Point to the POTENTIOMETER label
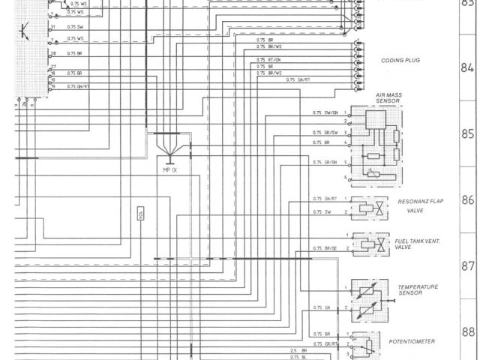click(x=412, y=341)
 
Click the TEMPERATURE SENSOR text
click(x=418, y=289)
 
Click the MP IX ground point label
click(x=171, y=171)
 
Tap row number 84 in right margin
click(x=468, y=66)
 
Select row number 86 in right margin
click(x=468, y=200)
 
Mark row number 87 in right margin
click(x=468, y=266)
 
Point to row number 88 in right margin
click(x=468, y=332)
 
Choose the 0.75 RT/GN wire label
click(x=269, y=59)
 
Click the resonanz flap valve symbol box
click(x=372, y=207)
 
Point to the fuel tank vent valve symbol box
click(x=372, y=243)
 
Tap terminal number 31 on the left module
click(x=52, y=26)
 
